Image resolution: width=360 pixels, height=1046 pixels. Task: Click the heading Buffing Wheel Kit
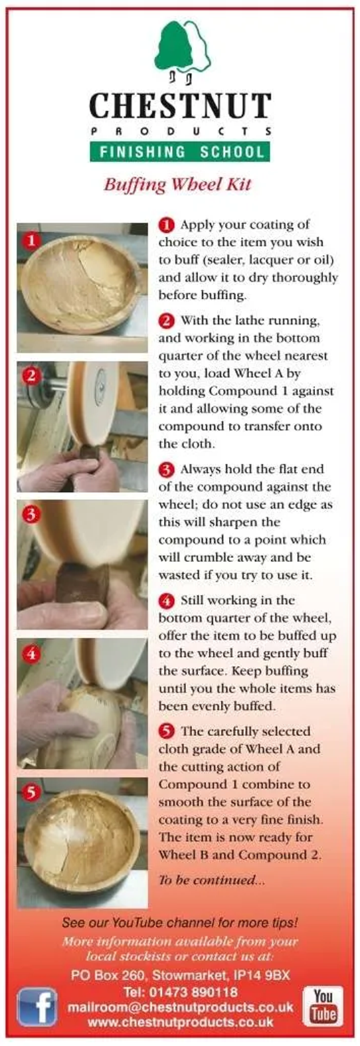tap(177, 184)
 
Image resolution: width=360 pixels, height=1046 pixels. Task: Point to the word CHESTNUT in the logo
tap(180, 105)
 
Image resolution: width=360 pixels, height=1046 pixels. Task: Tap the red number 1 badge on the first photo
tap(31, 241)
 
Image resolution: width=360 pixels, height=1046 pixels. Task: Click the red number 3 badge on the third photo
tap(31, 515)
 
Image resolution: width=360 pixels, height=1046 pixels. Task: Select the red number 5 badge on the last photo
tap(31, 792)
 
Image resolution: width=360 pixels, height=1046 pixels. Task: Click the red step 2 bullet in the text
tap(167, 321)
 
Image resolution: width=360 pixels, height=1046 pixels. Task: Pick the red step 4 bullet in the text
tap(167, 600)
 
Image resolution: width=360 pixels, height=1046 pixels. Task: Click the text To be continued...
tap(211, 880)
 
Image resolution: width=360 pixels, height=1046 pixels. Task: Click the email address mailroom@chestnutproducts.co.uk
tap(180, 1007)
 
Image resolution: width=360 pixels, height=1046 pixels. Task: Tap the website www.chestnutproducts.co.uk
tap(180, 1021)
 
